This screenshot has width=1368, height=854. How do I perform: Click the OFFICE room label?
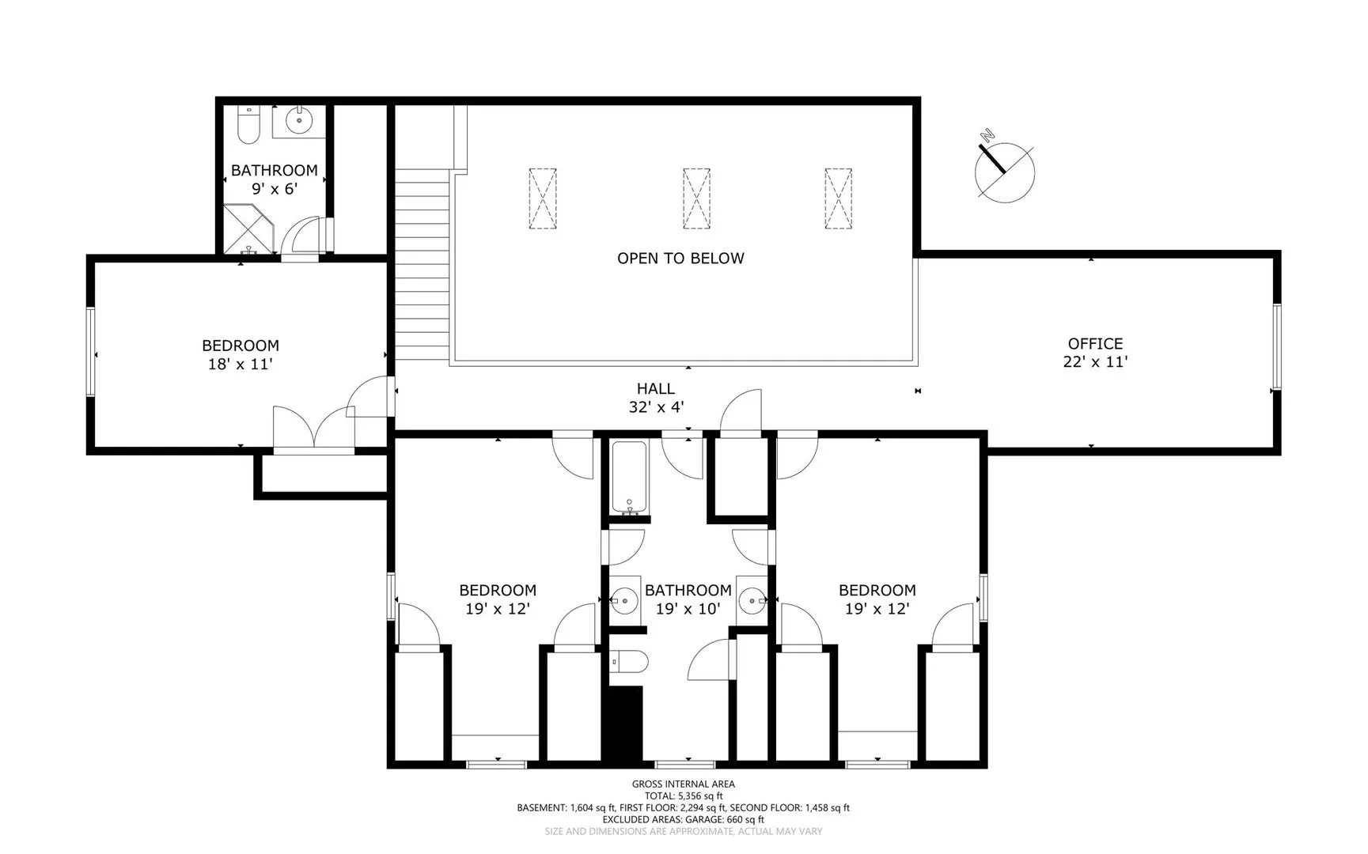click(x=1095, y=343)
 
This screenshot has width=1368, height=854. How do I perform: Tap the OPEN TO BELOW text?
click(x=680, y=258)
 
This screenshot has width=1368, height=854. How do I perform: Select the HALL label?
click(x=656, y=388)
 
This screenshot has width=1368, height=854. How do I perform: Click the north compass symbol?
click(x=1004, y=168)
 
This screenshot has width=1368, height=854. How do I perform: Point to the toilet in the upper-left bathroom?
click(x=248, y=125)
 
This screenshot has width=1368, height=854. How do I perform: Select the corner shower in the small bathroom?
click(x=248, y=229)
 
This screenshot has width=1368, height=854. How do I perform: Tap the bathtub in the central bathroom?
click(x=630, y=478)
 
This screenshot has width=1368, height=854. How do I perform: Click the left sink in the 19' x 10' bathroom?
click(x=624, y=601)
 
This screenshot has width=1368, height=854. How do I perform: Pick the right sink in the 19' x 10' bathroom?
click(x=752, y=601)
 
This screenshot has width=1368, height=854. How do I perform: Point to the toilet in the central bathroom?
click(x=629, y=662)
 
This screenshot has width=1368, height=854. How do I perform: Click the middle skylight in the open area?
click(x=696, y=198)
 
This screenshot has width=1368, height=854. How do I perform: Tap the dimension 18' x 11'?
click(x=241, y=365)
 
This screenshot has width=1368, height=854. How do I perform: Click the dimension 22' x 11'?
click(x=1095, y=362)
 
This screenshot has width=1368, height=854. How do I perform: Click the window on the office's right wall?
click(x=1275, y=347)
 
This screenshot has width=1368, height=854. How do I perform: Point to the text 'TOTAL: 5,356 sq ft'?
click(x=684, y=796)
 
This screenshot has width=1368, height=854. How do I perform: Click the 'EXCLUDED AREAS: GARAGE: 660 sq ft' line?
click(x=684, y=820)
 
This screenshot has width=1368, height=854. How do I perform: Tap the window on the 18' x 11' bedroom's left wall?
click(x=91, y=352)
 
